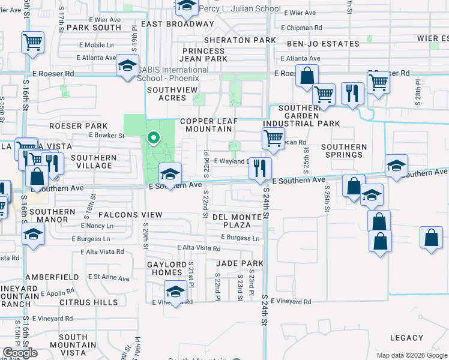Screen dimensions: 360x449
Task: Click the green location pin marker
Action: (153, 139)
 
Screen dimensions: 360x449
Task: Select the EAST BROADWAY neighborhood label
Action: (173, 24)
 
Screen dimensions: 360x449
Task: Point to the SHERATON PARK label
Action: (240, 40)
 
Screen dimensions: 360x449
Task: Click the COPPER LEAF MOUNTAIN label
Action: (208, 125)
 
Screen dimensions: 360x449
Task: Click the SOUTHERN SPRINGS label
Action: (344, 151)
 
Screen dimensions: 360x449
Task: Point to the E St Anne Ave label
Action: (109, 278)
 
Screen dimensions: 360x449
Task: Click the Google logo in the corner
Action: (20, 353)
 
